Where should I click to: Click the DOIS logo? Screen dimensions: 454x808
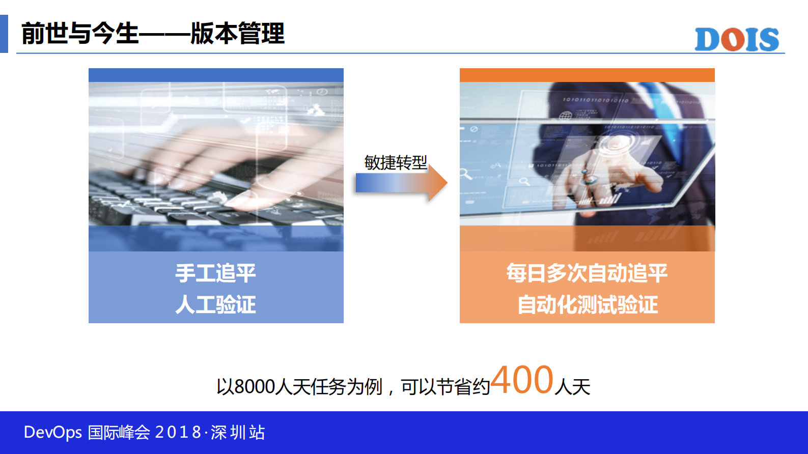[736, 39]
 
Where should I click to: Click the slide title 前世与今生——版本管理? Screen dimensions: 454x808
[153, 34]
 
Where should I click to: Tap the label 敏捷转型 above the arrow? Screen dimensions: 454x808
[396, 162]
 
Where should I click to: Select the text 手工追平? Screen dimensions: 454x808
[215, 273]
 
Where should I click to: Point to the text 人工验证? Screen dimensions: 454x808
[215, 304]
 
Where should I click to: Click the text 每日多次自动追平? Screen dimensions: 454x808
[587, 273]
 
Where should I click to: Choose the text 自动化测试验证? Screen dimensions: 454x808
[588, 304]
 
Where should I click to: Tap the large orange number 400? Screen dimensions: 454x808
[522, 380]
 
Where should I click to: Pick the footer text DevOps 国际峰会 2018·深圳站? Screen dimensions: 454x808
[144, 432]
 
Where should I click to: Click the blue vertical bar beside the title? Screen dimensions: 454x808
[4, 34]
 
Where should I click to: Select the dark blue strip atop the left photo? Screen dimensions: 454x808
[216, 75]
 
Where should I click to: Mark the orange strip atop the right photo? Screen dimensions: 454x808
[587, 75]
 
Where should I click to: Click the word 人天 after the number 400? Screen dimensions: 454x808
[572, 387]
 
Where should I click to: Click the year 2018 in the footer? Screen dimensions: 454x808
[178, 432]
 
